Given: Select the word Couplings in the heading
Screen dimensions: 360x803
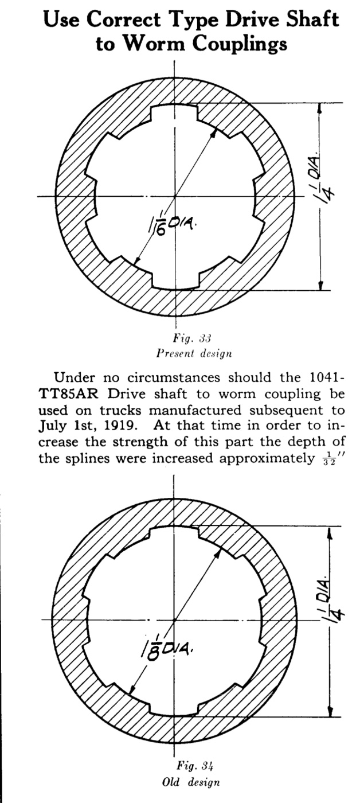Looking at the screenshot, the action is [240, 45].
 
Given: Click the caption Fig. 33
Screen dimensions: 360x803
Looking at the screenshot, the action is [193, 338].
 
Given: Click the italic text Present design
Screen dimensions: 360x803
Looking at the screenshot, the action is [194, 354].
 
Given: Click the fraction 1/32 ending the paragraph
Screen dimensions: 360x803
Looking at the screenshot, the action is [327, 460].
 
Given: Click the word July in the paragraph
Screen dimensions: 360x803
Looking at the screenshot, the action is [52, 426].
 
